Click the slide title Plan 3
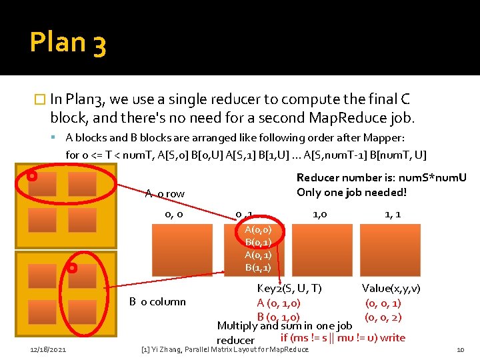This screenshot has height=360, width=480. pyautogui.click(x=67, y=43)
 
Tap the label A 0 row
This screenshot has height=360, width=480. pyautogui.click(x=165, y=193)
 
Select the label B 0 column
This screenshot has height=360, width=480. pyautogui.click(x=157, y=301)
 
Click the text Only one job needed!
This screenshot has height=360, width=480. pyautogui.click(x=351, y=192)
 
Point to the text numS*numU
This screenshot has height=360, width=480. pyautogui.click(x=436, y=178)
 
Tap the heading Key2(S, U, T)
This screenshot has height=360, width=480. pyautogui.click(x=289, y=288)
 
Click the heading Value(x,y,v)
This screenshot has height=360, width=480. pyautogui.click(x=391, y=288)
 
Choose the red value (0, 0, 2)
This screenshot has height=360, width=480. pyautogui.click(x=383, y=317)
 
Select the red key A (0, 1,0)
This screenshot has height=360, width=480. pyautogui.click(x=278, y=303)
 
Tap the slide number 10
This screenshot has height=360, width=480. pyautogui.click(x=460, y=349)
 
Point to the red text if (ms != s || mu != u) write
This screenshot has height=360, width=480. pyautogui.click(x=343, y=337)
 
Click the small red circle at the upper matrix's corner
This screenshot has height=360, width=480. pyautogui.click(x=31, y=177)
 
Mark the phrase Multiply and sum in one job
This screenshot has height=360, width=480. pyautogui.click(x=285, y=326)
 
